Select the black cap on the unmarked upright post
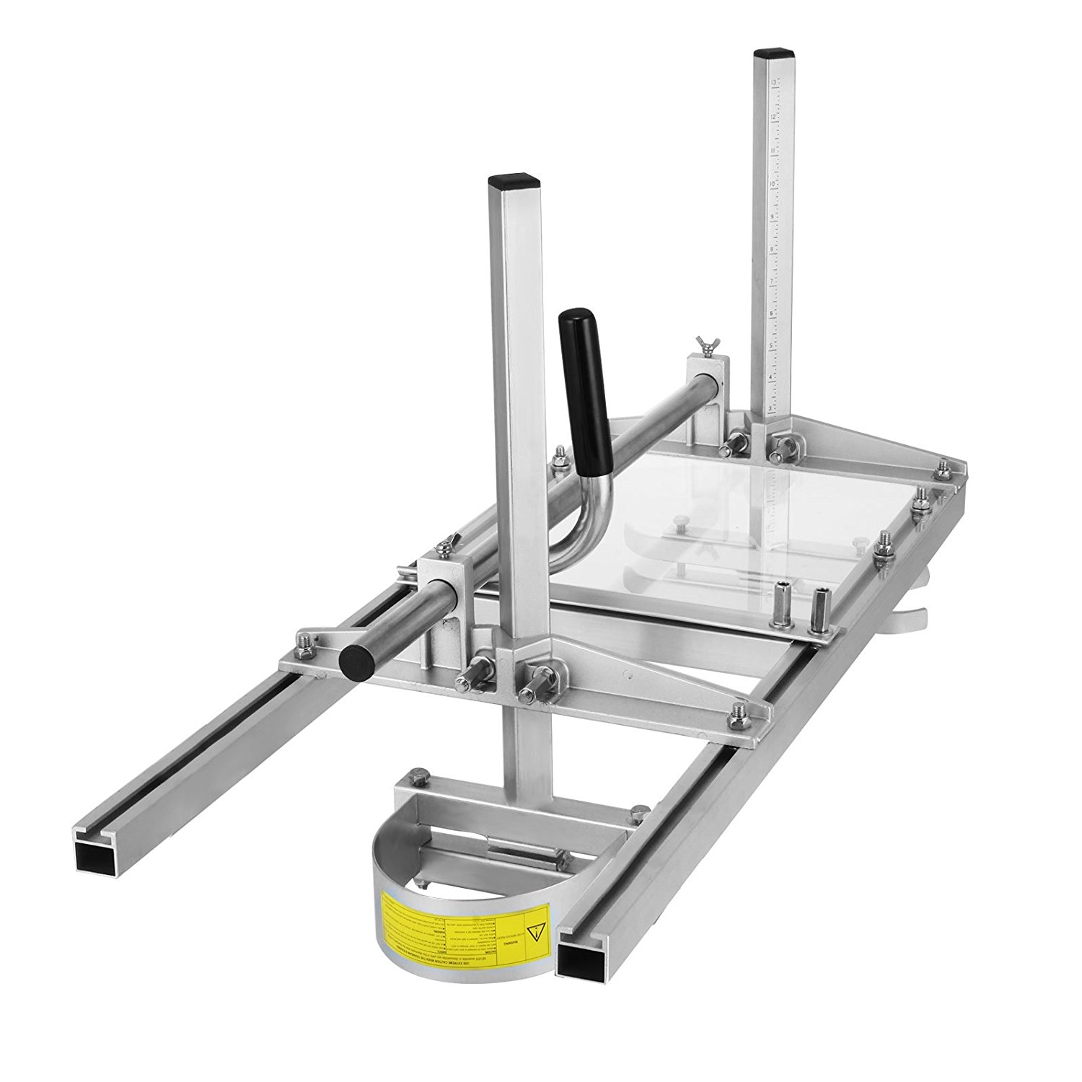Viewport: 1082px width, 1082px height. coord(514,180)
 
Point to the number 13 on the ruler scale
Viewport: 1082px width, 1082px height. coord(774,83)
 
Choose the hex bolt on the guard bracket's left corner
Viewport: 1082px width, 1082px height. coord(414,777)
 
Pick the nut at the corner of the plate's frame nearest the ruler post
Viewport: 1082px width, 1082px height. coord(941,468)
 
